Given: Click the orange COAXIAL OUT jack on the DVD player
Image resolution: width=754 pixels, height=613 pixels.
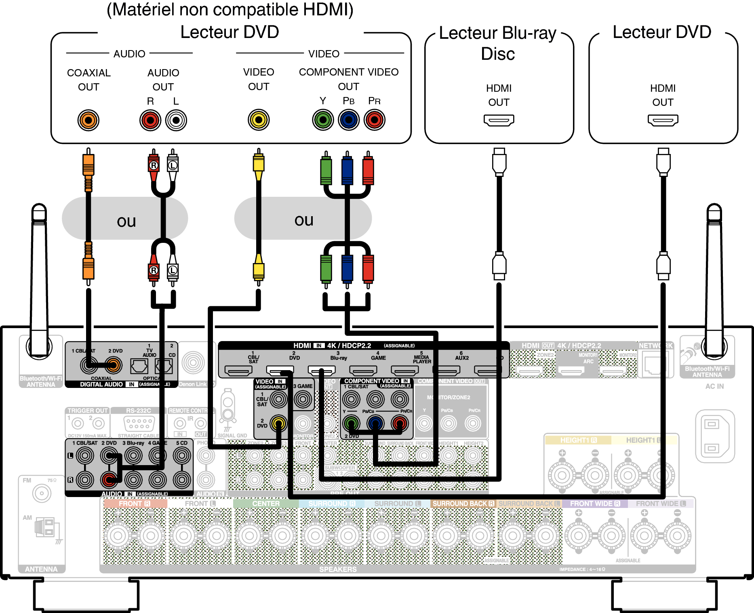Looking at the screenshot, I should pos(88,120).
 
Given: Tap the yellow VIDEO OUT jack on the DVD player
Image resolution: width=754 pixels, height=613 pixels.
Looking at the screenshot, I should pos(259,120).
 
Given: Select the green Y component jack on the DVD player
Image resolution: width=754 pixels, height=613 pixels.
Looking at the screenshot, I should pos(323,120).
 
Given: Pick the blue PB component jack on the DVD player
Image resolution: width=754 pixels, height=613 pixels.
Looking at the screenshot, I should pos(349,120).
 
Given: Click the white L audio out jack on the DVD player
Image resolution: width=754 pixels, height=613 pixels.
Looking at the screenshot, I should pos(176,120).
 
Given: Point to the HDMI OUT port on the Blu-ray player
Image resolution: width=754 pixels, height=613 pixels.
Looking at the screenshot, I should pos(499,120).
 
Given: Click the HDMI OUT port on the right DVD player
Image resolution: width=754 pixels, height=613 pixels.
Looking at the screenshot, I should pos(663,120).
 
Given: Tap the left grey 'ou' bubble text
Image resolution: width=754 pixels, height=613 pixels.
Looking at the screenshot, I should pos(126,221).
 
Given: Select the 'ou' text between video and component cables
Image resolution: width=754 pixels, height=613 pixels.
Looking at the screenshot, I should pos(304,220).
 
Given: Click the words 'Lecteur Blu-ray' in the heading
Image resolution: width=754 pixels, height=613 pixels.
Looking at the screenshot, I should pos(498,33).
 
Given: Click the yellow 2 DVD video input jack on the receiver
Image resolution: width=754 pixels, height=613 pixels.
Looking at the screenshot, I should pos(278,423).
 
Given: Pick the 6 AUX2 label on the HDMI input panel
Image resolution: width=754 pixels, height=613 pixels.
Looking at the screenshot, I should pos(461,356).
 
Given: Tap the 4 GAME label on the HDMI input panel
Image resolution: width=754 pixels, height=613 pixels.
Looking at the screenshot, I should pos(378,356).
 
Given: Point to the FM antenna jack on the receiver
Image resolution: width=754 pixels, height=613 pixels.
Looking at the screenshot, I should pos(42,493).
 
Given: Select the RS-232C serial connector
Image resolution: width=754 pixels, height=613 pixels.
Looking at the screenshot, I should pos(139,423).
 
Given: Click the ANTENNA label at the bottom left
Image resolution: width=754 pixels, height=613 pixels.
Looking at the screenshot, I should pos(41,569).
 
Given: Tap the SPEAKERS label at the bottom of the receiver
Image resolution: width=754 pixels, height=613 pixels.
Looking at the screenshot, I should pos(338,569).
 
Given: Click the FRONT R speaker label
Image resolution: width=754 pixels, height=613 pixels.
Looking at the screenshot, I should pos(135,503).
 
